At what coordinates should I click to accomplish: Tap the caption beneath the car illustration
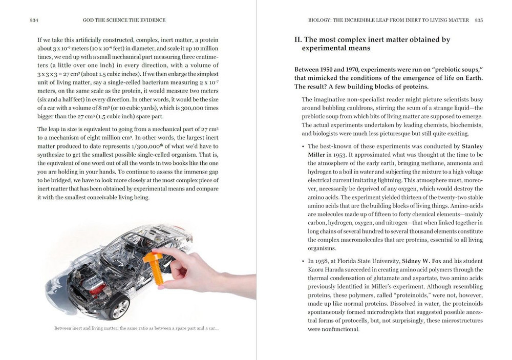pyautogui.click(x=136, y=328)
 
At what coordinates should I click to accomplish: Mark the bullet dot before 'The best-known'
pyautogui.click(x=303, y=146)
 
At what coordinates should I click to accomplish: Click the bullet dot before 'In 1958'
pyautogui.click(x=303, y=261)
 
